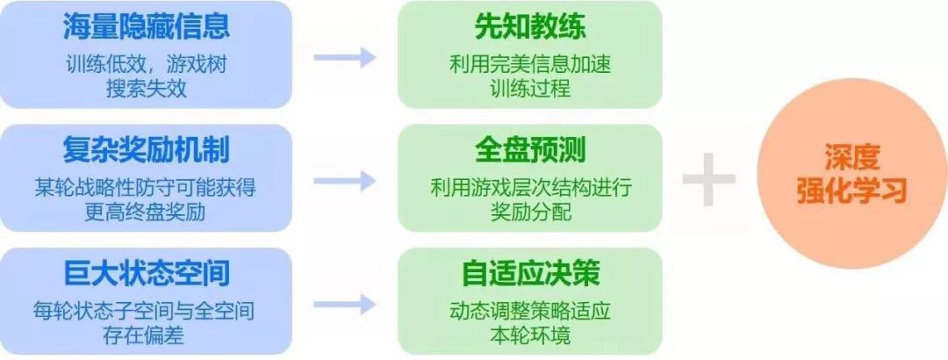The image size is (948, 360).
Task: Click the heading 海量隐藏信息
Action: click(147, 26)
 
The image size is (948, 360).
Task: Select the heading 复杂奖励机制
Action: click(147, 150)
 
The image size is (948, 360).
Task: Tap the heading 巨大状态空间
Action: click(147, 273)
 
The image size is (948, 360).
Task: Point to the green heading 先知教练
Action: click(530, 26)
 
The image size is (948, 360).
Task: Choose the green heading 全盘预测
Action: click(530, 150)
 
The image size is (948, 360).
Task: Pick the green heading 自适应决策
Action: click(530, 273)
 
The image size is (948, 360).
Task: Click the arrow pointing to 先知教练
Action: click(344, 57)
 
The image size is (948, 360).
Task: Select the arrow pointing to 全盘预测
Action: click(344, 181)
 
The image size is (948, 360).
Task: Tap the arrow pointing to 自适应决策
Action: click(344, 304)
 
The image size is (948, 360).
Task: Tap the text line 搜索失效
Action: click(147, 90)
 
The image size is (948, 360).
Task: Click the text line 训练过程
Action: click(530, 90)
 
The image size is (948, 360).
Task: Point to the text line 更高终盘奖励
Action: click(147, 212)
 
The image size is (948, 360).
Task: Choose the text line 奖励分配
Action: click(530, 212)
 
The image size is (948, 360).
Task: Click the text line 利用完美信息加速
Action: click(530, 64)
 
